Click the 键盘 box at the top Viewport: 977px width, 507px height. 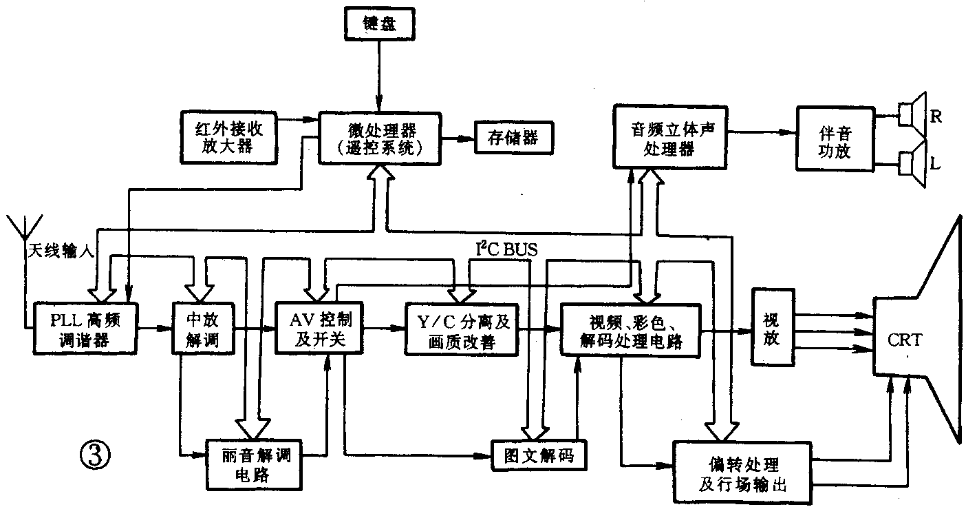pyautogui.click(x=379, y=24)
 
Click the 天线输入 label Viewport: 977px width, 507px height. pyautogui.click(x=60, y=251)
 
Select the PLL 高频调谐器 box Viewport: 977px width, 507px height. pyautogui.click(x=85, y=329)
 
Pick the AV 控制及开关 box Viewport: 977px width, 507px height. pyautogui.click(x=318, y=329)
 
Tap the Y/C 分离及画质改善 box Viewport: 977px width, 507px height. pyautogui.click(x=460, y=329)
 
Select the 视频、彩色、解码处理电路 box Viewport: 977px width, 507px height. pyautogui.click(x=634, y=329)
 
